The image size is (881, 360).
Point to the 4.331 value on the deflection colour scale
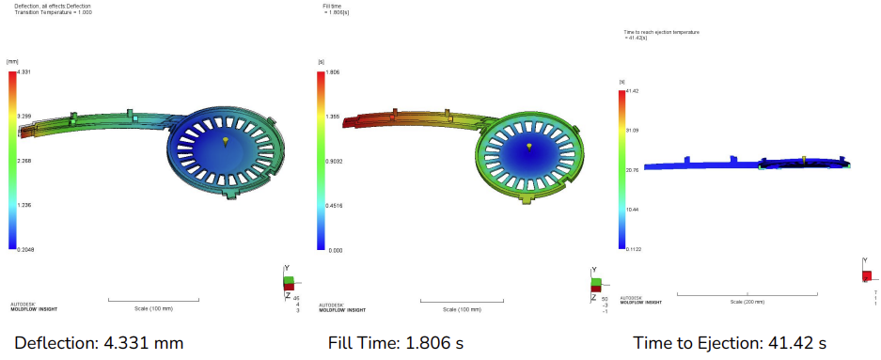click(x=25, y=72)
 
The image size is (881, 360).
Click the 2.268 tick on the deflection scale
click(x=26, y=161)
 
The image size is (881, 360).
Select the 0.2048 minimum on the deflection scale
click(x=27, y=249)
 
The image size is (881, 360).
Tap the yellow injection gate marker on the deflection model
click(x=226, y=141)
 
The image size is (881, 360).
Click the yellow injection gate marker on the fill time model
click(x=529, y=148)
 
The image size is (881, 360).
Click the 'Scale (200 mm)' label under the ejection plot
click(x=747, y=302)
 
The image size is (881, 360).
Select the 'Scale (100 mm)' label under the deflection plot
click(x=153, y=308)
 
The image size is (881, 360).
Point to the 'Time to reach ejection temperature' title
click(x=661, y=32)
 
